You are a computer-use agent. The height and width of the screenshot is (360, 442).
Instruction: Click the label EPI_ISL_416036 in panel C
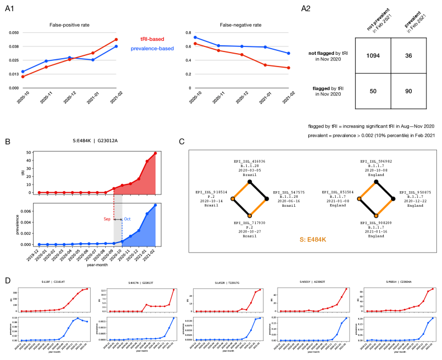click(x=250, y=161)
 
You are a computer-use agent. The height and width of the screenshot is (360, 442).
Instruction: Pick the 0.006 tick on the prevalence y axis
click(x=24, y=212)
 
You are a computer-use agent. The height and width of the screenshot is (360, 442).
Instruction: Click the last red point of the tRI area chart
click(x=155, y=153)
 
